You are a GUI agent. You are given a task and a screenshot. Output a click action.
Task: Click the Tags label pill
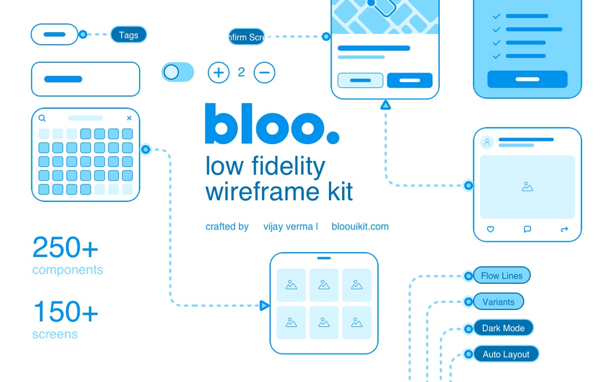point(128,35)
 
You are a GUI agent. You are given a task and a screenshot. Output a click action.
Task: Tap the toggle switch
point(178,72)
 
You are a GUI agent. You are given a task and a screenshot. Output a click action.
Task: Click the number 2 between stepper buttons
point(242,72)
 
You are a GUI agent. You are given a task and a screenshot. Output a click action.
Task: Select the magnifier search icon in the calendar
point(42,118)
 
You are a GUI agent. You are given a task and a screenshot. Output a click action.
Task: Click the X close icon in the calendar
point(129,118)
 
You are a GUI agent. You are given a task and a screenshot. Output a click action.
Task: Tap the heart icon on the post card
point(490,229)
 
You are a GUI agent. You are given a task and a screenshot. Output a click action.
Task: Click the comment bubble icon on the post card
point(528,229)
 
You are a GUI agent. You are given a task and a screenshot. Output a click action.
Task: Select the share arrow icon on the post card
point(565,229)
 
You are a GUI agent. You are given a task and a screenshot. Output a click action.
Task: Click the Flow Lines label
point(501,276)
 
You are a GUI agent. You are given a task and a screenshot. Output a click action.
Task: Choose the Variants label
point(498,302)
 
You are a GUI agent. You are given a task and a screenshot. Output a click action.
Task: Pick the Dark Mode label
point(503,328)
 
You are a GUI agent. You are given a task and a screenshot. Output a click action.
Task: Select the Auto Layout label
point(506,354)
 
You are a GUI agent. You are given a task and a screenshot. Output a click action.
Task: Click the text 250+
point(65,248)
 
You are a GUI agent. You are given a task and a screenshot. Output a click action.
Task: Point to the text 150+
point(65,312)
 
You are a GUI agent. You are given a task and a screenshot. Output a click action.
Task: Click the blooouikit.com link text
point(360,226)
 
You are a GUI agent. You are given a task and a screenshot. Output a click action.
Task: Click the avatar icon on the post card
point(487,142)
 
